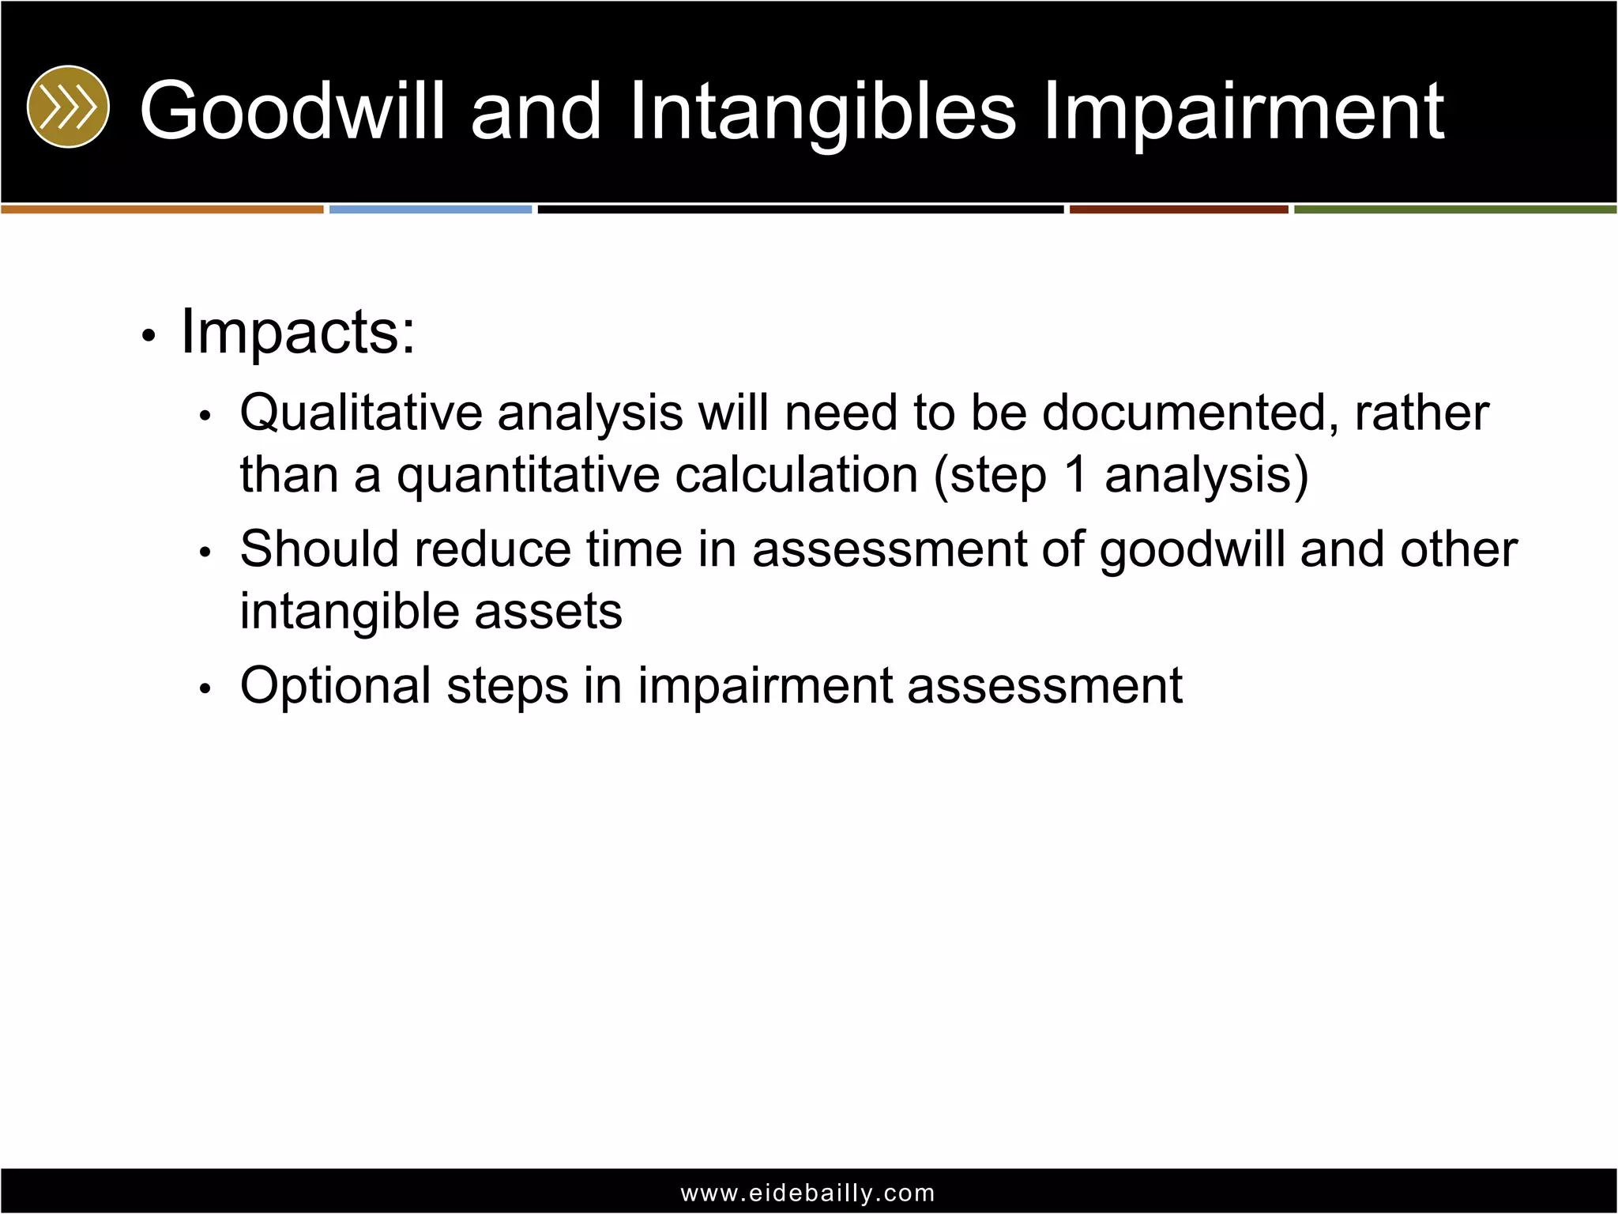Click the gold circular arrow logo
[68, 107]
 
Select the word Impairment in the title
[1243, 112]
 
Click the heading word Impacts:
[298, 332]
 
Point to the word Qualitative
[361, 413]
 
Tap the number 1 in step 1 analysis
[1075, 475]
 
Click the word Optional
[336, 685]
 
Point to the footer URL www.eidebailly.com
[807, 1193]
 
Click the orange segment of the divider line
[162, 209]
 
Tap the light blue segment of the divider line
[431, 209]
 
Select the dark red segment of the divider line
[1178, 209]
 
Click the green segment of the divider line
[1454, 209]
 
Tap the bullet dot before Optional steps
[205, 688]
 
